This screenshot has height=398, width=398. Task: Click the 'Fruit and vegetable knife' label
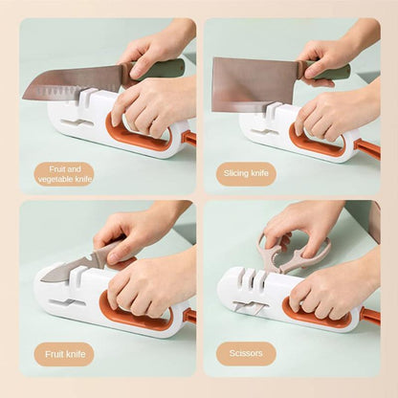(x=64, y=173)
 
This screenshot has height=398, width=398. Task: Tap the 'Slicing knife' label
(x=246, y=173)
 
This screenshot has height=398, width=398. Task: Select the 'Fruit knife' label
(x=64, y=354)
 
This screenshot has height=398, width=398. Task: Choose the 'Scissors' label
(x=246, y=354)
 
